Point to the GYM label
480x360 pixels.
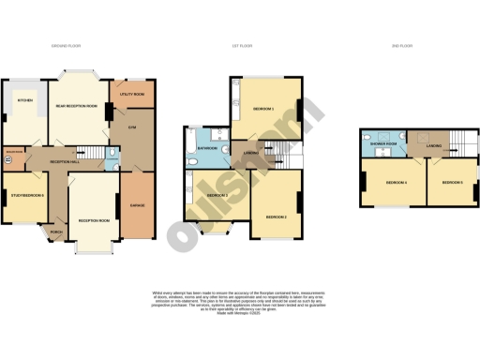(x=132, y=127)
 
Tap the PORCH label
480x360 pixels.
(x=56, y=232)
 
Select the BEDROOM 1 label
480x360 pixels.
(x=263, y=109)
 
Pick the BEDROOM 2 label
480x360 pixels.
(x=276, y=216)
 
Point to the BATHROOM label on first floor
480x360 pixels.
(x=208, y=148)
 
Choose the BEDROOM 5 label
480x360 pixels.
(x=452, y=182)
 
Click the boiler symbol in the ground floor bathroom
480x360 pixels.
(x=7, y=160)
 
